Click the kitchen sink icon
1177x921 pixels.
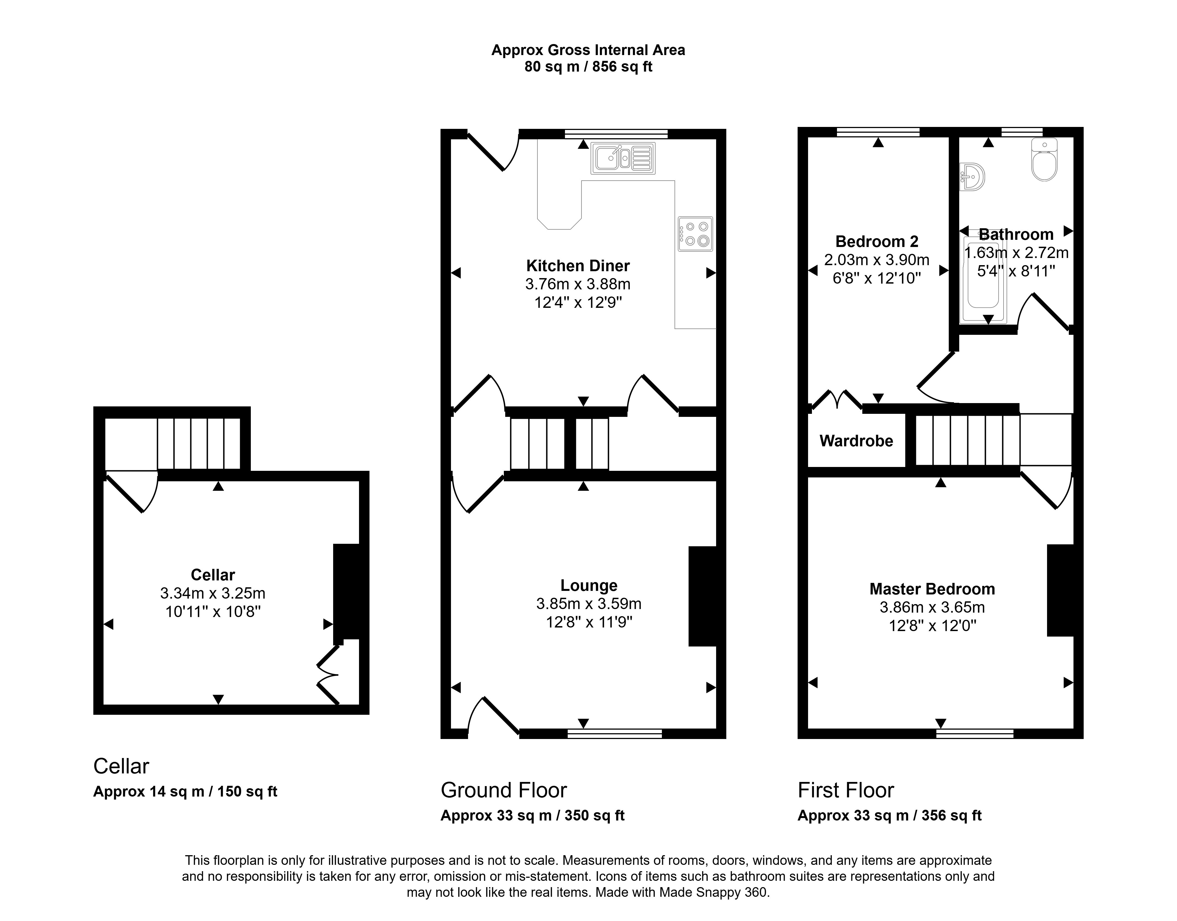pos(623,158)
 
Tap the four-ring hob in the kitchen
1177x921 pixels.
pos(695,234)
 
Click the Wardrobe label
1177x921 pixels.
pos(856,441)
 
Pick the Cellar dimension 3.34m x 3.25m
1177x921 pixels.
pos(213,593)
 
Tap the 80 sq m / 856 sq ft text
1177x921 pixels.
pos(588,67)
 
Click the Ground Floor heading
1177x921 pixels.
pos(504,790)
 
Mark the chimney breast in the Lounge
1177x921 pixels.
pos(703,596)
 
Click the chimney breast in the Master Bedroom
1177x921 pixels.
pos(1061,590)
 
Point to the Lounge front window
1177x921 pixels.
pos(615,733)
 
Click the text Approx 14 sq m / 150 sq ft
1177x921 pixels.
pos(186,792)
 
